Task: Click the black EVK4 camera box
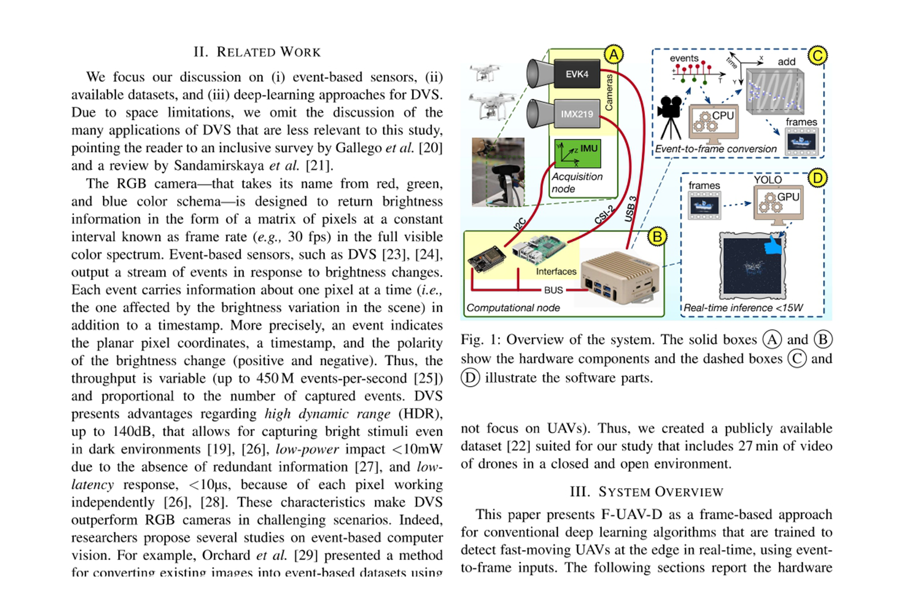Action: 576,74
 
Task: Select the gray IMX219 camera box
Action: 576,114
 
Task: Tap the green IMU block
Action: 578,153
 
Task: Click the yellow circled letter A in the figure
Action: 613,55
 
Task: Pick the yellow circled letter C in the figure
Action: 817,55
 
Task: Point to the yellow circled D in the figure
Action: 818,178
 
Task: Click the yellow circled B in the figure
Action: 657,237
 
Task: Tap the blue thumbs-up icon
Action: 774,245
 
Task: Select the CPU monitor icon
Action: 713,122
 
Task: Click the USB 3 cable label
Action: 631,209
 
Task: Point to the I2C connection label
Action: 519,224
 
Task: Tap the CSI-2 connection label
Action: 603,215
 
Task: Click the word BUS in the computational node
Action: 553,290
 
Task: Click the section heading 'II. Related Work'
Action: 257,52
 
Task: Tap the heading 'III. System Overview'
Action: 646,491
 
